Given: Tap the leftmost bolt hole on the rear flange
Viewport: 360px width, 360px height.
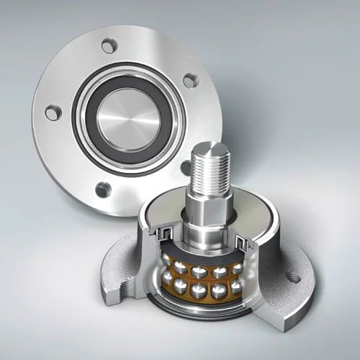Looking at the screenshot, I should (x=53, y=112).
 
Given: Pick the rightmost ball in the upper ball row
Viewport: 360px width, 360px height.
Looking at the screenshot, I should (x=237, y=267).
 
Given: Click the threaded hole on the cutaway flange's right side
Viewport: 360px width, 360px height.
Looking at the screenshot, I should (x=292, y=275).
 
